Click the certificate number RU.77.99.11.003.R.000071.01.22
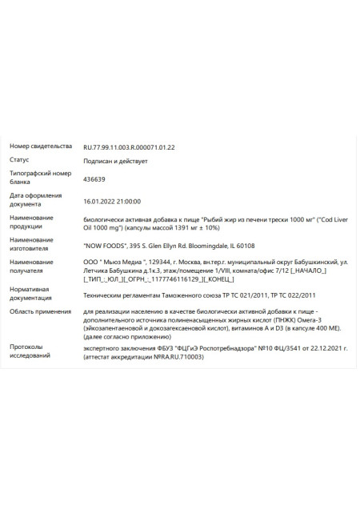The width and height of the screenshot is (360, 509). pyautogui.click(x=129, y=147)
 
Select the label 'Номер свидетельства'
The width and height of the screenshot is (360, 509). pyautogui.click(x=36, y=147)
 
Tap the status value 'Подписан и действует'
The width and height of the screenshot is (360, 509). pyautogui.click(x=115, y=162)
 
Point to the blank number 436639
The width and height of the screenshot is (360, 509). pyautogui.click(x=94, y=179)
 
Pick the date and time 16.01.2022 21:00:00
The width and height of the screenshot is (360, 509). pyautogui.click(x=112, y=202)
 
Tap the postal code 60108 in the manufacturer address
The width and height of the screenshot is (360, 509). pyautogui.click(x=246, y=246)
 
